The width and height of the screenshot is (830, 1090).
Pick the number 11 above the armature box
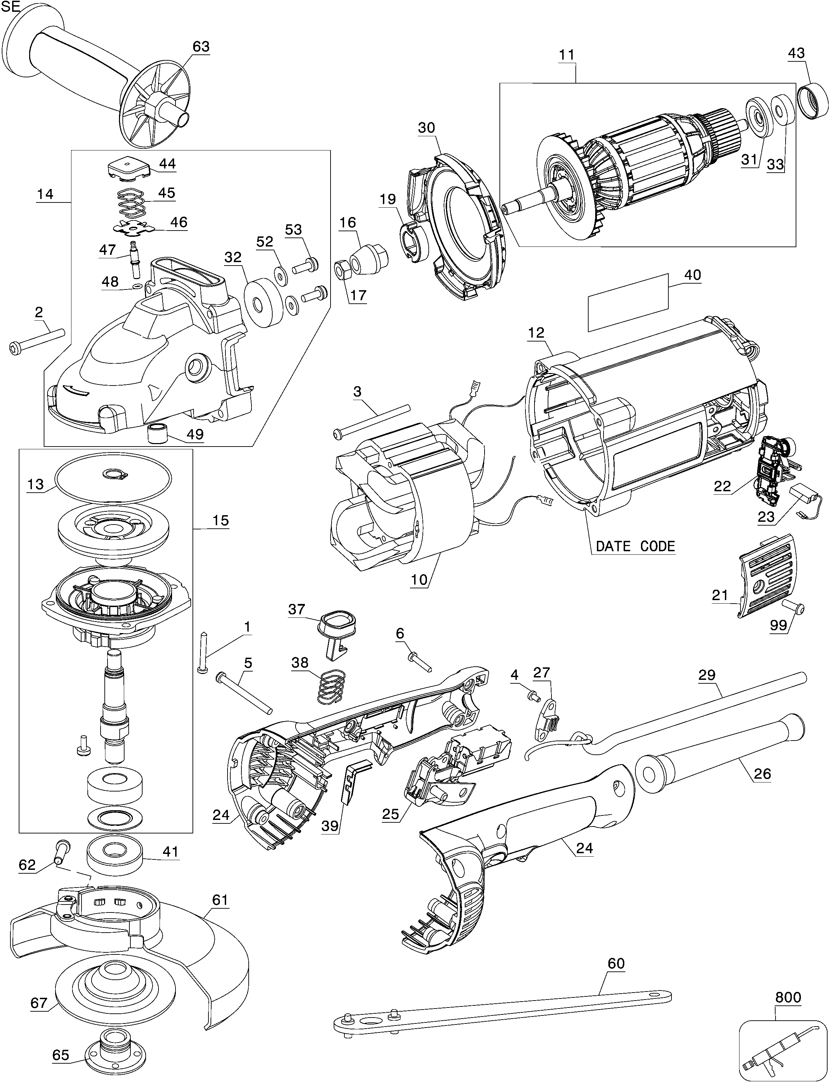click(567, 54)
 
